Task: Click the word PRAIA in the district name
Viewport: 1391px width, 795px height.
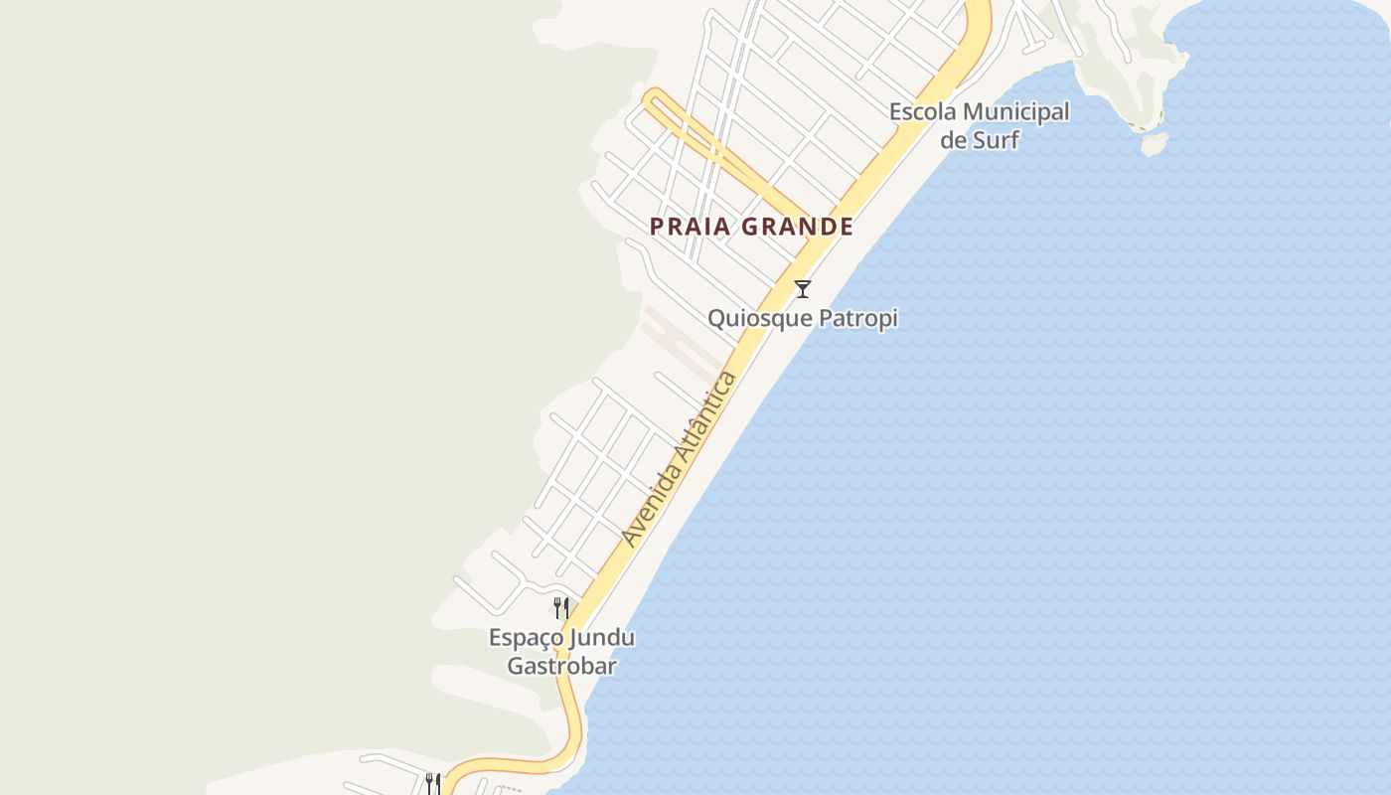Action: click(x=692, y=227)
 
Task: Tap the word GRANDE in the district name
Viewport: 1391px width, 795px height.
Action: click(x=798, y=227)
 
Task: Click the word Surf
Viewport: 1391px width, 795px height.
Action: click(x=997, y=139)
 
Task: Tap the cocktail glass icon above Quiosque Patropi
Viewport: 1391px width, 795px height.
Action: click(x=803, y=289)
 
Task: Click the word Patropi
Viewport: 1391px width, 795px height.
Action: click(x=859, y=319)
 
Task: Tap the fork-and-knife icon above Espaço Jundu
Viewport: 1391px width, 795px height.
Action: click(x=561, y=608)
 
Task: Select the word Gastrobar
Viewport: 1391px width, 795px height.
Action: click(x=561, y=665)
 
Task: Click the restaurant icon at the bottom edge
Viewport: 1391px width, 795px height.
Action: click(x=432, y=783)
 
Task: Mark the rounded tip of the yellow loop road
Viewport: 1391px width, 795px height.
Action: click(x=653, y=97)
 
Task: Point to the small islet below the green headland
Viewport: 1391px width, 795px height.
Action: click(x=1154, y=145)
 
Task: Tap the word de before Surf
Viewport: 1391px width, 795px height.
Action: click(x=954, y=139)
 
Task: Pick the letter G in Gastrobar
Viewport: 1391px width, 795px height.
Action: click(x=517, y=665)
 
